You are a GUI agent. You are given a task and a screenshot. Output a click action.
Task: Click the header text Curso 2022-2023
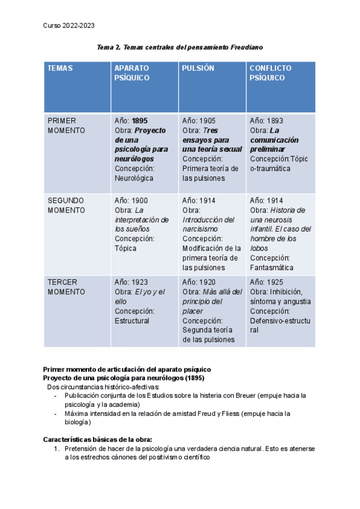(69, 25)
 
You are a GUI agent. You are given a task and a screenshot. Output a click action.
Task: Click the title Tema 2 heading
(180, 47)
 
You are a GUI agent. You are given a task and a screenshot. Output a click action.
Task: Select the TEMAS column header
(60, 68)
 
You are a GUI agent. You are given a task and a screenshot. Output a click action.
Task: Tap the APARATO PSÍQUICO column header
(131, 73)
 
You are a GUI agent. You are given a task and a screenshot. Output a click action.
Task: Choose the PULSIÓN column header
(198, 68)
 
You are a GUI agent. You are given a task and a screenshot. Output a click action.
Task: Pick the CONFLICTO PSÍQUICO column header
(271, 73)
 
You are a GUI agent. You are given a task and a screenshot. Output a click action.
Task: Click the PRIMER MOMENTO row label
(66, 125)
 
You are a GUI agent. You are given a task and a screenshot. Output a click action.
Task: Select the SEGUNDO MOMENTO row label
(66, 205)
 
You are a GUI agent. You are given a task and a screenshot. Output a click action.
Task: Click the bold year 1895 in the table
(140, 121)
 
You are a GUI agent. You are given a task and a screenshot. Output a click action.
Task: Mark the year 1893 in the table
(275, 121)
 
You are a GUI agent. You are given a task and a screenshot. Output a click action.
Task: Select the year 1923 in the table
(139, 282)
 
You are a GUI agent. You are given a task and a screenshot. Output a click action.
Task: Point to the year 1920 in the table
(207, 282)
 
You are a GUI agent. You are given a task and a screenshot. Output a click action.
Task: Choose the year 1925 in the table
(275, 282)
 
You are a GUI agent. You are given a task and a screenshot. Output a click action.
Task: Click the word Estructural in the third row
(132, 321)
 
